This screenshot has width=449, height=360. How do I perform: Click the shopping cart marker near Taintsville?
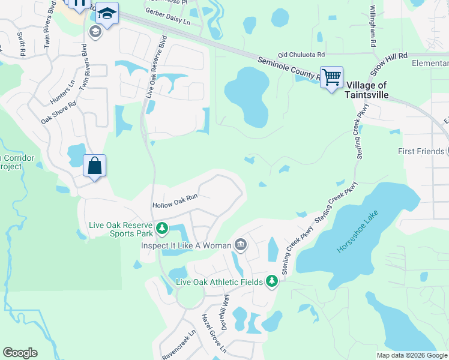331,77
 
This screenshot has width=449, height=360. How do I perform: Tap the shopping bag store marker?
95,165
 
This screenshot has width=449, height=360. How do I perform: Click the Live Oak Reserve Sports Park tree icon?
161,227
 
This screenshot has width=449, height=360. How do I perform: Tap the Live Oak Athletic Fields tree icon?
272,281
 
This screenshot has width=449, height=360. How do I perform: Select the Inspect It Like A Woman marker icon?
240,245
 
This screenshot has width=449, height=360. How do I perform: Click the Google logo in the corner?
20,353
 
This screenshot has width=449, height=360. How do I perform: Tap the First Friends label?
420,151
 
